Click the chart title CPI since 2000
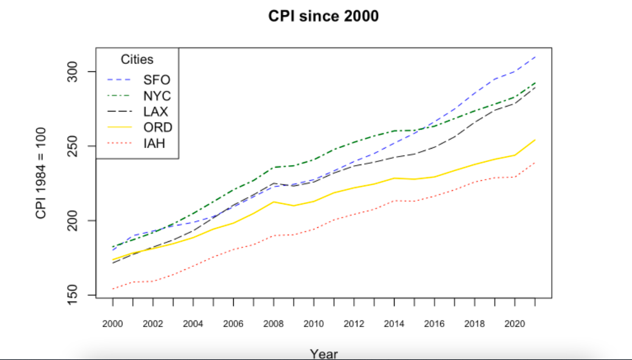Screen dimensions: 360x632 (x=323, y=16)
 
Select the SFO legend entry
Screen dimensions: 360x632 (x=156, y=80)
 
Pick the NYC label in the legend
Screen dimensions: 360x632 (x=157, y=96)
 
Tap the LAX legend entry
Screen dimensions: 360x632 (x=156, y=112)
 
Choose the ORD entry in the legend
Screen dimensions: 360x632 (x=158, y=128)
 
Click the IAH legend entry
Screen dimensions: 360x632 (x=155, y=144)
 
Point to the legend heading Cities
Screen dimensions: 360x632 (x=137, y=60)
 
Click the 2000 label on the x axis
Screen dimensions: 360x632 (x=113, y=323)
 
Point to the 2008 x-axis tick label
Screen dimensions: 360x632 (x=273, y=323)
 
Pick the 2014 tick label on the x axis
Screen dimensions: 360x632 (x=394, y=323)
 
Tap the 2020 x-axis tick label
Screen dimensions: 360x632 (x=514, y=323)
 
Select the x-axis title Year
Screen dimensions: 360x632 (x=323, y=353)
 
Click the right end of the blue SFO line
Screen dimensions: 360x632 (x=535, y=57)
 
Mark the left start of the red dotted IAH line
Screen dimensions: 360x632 (x=113, y=289)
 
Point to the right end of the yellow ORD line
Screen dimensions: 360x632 (x=535, y=139)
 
